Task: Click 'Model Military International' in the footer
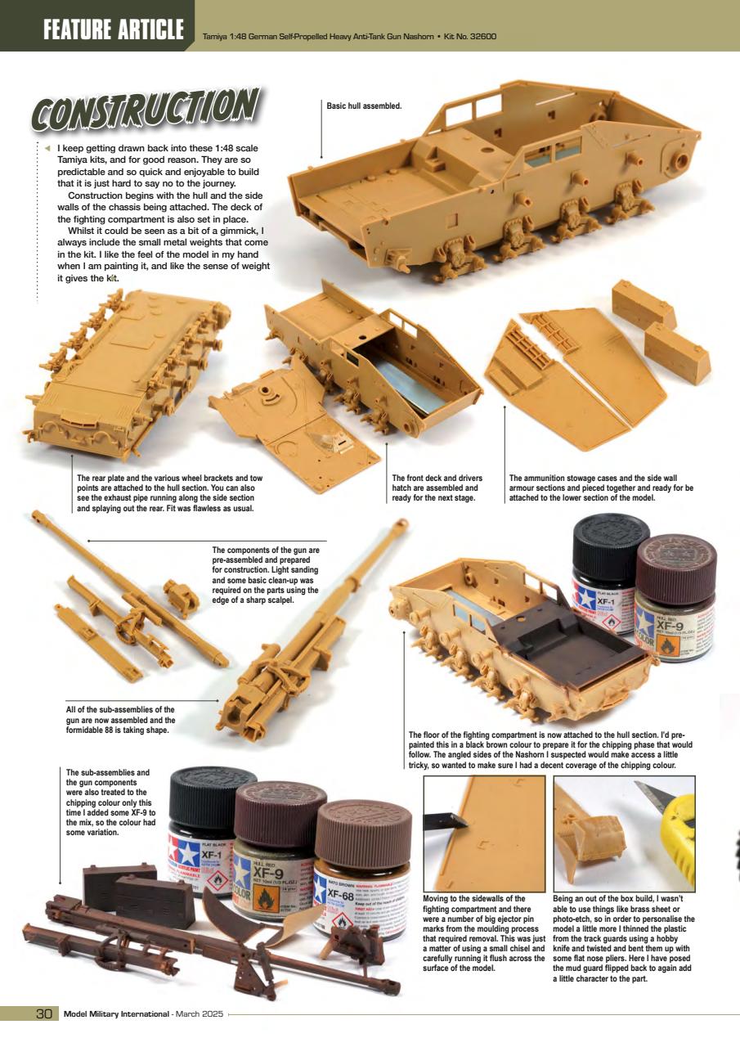116,1015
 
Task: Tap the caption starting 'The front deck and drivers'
437,488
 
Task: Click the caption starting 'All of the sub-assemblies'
120,720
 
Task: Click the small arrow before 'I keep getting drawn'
47,148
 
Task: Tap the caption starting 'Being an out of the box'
623,937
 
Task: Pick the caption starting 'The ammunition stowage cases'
601,488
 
